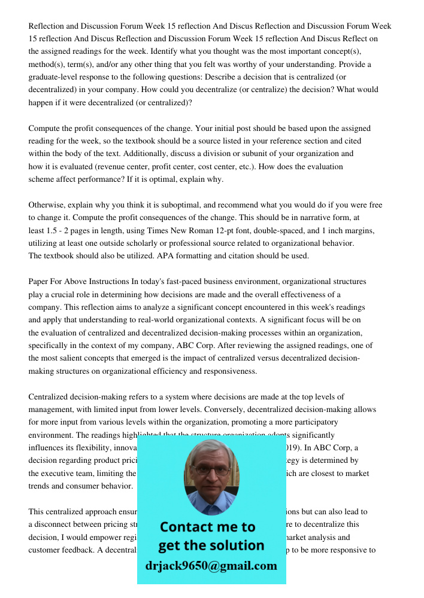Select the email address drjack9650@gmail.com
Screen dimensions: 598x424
[x=211, y=566]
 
